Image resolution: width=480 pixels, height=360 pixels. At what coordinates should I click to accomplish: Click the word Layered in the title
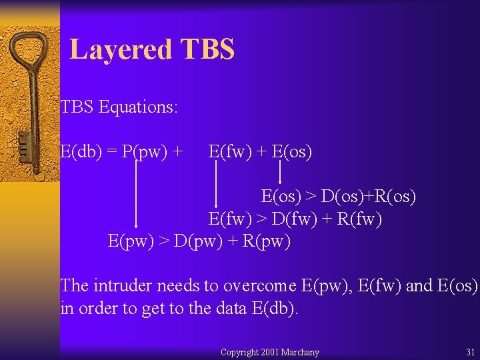[121, 49]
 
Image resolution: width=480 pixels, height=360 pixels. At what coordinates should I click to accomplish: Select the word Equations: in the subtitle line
[138, 107]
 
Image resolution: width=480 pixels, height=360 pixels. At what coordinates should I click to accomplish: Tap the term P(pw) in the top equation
[146, 152]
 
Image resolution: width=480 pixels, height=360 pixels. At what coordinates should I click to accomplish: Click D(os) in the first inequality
[337, 197]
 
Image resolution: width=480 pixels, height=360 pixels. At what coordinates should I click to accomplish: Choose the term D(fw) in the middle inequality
[285, 219]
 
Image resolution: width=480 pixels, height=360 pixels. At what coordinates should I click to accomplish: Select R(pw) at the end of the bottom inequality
[267, 241]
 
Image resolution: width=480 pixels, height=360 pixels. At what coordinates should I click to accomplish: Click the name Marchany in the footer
[300, 352]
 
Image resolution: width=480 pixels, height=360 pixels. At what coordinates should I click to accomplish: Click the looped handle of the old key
[30, 57]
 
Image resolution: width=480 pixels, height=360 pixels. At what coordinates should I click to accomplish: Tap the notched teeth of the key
[24, 147]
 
